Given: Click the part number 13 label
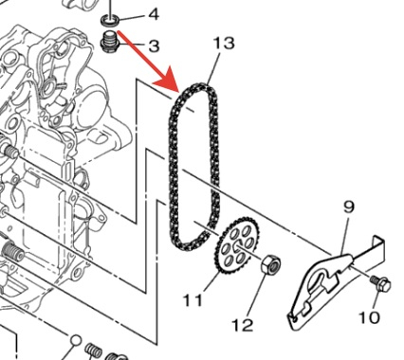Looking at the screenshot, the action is coord(224,43).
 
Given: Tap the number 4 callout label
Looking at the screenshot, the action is coord(154,14).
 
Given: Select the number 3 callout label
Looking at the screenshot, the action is coord(154,46).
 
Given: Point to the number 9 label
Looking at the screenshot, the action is coord(348,207).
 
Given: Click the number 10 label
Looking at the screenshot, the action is coord(369,317).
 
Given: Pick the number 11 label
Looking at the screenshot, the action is coord(193,300).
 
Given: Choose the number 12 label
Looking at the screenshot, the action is coord(243,325).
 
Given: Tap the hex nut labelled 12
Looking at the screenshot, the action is coord(271,263).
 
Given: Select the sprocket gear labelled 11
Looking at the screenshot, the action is coord(237,245).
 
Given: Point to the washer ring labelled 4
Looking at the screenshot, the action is coord(110,21).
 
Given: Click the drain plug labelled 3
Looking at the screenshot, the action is coord(110,41).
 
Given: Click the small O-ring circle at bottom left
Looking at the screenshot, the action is coord(76,340).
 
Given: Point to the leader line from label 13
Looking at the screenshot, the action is coord(212,68).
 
